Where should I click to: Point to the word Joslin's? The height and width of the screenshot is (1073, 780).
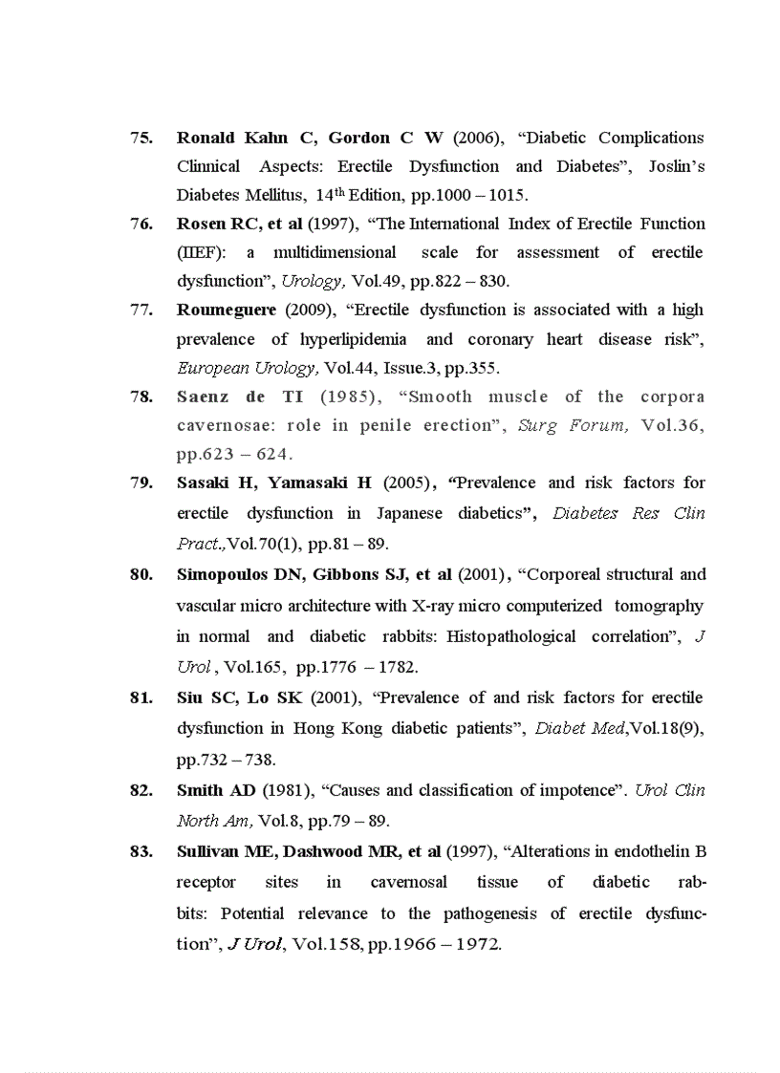(676, 166)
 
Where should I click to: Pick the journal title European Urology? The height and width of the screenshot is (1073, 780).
(247, 367)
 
